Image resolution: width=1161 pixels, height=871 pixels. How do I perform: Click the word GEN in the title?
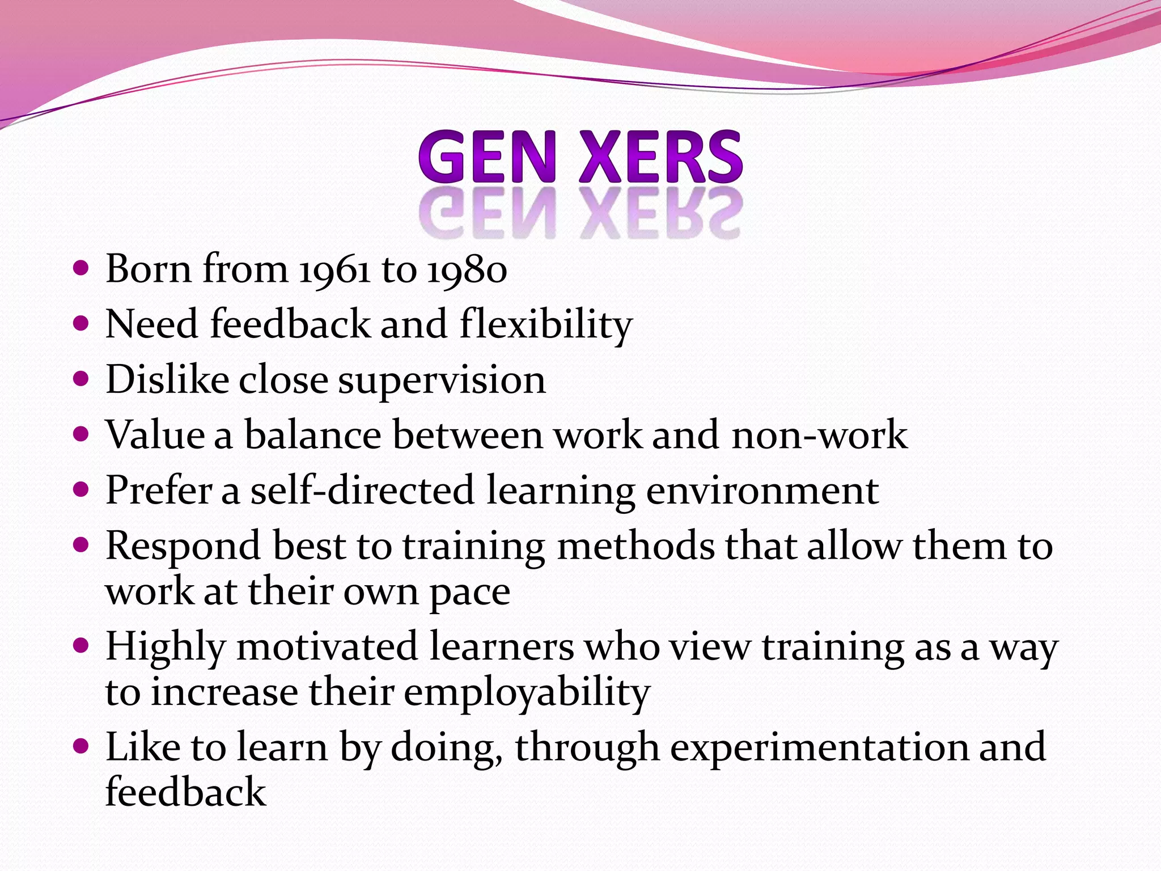click(x=486, y=157)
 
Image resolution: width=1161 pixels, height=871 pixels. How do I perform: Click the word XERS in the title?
click(x=660, y=157)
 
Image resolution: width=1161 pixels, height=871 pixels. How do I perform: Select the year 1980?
click(x=467, y=269)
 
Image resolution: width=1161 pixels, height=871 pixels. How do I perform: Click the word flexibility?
click(x=546, y=324)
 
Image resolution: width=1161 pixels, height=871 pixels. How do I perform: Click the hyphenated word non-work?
click(x=819, y=435)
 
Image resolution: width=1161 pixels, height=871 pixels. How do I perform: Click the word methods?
click(x=636, y=546)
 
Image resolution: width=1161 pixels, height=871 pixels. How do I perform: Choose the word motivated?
click(x=327, y=646)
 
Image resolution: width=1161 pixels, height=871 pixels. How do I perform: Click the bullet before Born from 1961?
click(x=82, y=268)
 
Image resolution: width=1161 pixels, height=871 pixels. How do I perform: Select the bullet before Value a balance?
click(x=82, y=434)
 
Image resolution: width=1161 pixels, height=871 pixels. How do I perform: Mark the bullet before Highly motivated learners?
click(x=82, y=645)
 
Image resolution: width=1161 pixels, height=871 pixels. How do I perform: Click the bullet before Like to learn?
click(x=82, y=746)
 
